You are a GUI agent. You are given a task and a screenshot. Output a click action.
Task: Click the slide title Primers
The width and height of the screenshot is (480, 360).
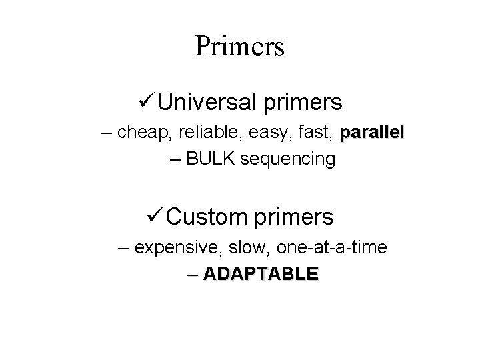240,47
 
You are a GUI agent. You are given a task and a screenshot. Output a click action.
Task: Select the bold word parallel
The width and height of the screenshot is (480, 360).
371,133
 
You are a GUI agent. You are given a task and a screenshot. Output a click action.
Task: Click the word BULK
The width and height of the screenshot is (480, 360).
211,159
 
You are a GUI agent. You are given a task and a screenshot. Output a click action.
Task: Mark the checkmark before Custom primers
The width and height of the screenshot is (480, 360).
155,215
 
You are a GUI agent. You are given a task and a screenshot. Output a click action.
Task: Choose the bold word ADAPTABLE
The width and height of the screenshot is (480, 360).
261,274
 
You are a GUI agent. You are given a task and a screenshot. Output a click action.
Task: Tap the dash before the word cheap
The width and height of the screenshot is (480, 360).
107,133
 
